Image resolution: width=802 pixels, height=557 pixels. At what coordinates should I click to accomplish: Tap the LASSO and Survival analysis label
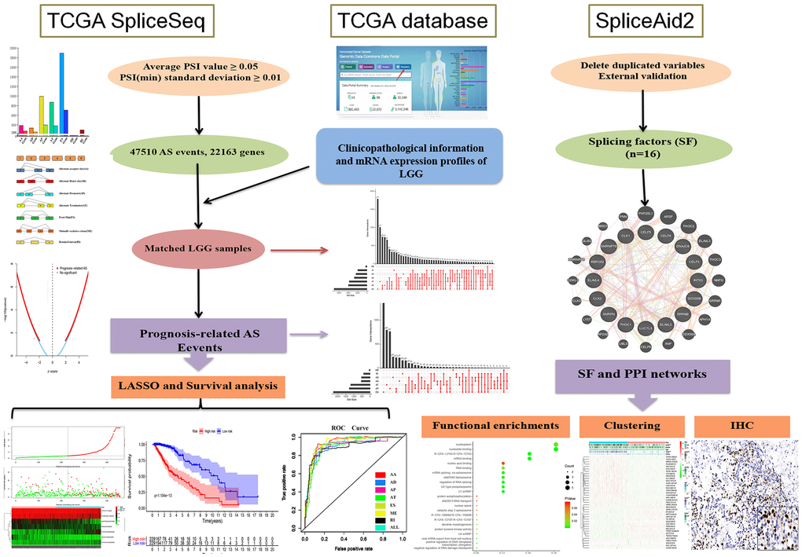(x=199, y=385)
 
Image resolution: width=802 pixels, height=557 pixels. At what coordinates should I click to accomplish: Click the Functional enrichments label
(x=497, y=425)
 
